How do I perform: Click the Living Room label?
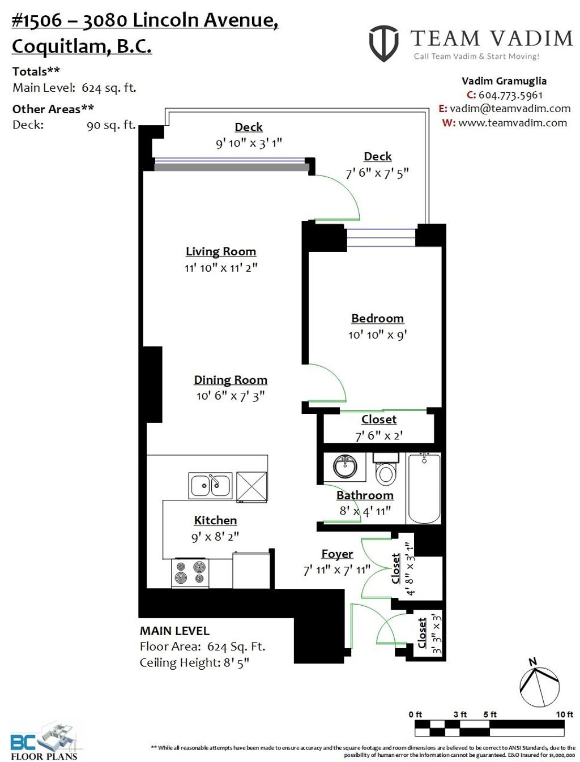221,251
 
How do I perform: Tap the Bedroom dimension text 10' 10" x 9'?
377,335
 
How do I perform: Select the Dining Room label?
231,380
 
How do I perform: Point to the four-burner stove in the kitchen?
190,572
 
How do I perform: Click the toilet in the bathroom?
386,470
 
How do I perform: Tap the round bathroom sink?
345,466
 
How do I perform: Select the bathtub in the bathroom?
424,487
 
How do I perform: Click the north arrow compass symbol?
539,685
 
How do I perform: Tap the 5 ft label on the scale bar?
490,714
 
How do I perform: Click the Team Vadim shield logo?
383,43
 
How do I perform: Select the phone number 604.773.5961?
510,95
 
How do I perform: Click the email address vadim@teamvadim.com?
510,109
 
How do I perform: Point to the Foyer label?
337,554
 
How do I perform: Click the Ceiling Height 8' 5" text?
194,662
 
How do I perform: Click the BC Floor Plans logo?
45,740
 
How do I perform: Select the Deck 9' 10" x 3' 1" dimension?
249,143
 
